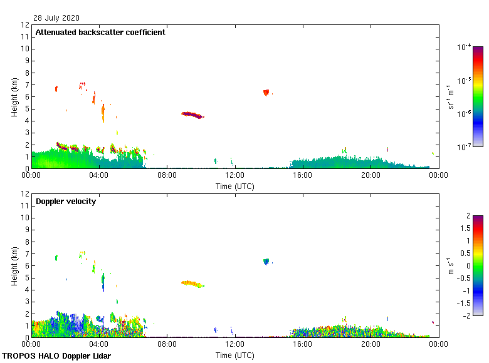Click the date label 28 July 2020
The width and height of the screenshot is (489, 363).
pos(56,18)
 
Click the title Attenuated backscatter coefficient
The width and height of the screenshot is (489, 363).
pos(100,33)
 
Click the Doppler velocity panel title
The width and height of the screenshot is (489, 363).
pos(66,202)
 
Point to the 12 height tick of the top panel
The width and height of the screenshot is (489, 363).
pos(26,25)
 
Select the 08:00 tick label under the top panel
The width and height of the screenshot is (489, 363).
pos(167,176)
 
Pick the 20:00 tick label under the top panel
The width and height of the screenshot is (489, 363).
pos(370,176)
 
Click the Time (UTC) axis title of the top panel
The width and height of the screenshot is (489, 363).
pos(235,186)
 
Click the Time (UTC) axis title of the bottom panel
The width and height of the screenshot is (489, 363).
pos(235,355)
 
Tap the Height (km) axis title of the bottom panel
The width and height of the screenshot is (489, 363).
pos(14,266)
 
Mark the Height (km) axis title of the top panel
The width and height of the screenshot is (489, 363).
pos(14,97)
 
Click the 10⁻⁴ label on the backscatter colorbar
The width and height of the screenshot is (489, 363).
pos(465,47)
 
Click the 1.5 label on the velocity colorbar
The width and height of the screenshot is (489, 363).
pos(466,228)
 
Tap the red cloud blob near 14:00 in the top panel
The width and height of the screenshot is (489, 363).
pos(266,92)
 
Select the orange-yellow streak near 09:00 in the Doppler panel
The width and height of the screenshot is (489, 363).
pos(192,284)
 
